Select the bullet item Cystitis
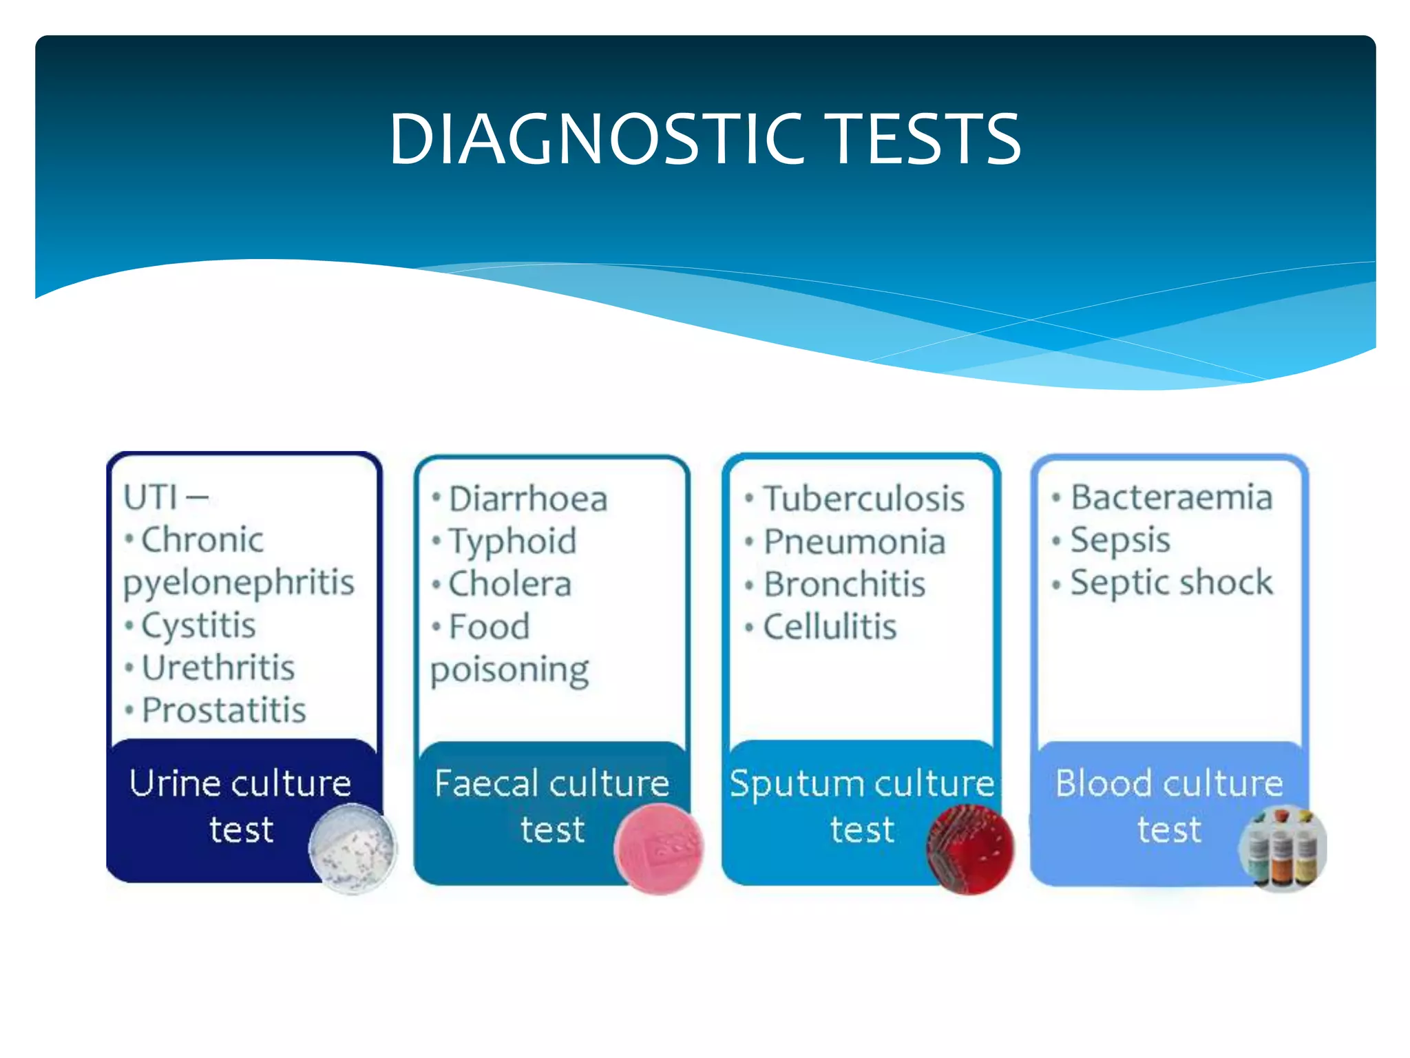click(198, 625)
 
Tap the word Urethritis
click(218, 668)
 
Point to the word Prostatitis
click(224, 710)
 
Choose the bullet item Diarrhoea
click(527, 499)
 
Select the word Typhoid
click(512, 541)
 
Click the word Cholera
click(509, 584)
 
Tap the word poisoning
click(509, 670)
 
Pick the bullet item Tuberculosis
click(863, 499)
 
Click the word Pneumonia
click(854, 541)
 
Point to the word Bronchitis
click(844, 584)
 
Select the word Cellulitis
click(830, 627)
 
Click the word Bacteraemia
click(1171, 497)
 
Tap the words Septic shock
click(1171, 583)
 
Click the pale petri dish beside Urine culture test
click(352, 849)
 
